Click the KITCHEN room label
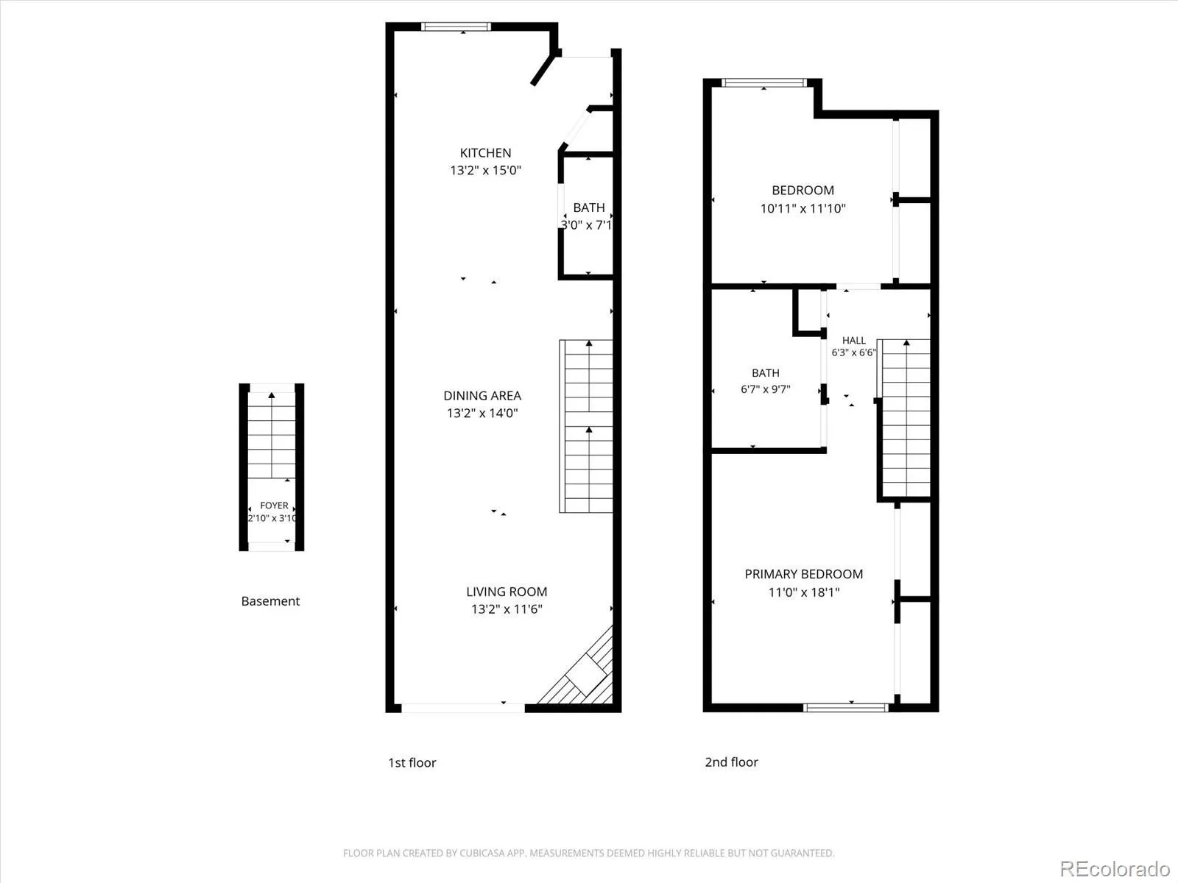(485, 153)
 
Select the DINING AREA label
(482, 396)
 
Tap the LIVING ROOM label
(507, 592)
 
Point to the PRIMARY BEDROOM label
(803, 574)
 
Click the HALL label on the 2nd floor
(853, 341)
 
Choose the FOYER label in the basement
(274, 506)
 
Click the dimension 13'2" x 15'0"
(485, 171)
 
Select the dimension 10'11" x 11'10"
(803, 208)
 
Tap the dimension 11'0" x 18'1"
(803, 592)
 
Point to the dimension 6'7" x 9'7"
(765, 389)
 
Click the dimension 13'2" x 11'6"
(507, 609)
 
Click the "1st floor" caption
(412, 762)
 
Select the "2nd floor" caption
(731, 762)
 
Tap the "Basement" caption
(270, 601)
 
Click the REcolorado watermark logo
(1115, 868)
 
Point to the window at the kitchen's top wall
(456, 26)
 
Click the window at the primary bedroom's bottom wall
(846, 708)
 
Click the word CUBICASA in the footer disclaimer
(480, 853)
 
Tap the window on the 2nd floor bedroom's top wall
(763, 82)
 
